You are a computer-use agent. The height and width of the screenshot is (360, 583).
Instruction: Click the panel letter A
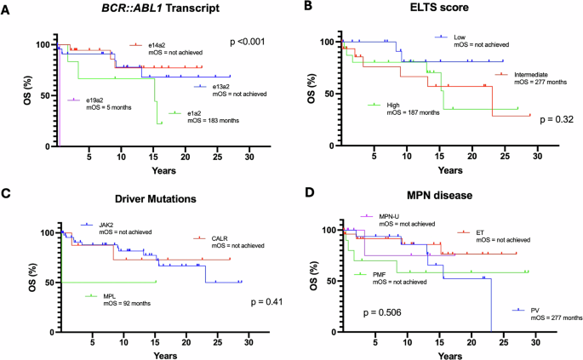[x=9, y=9]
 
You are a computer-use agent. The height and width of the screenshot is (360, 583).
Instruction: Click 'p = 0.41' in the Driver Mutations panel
[x=262, y=301]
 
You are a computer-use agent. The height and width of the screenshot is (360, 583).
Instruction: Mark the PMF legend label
[x=380, y=274]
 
